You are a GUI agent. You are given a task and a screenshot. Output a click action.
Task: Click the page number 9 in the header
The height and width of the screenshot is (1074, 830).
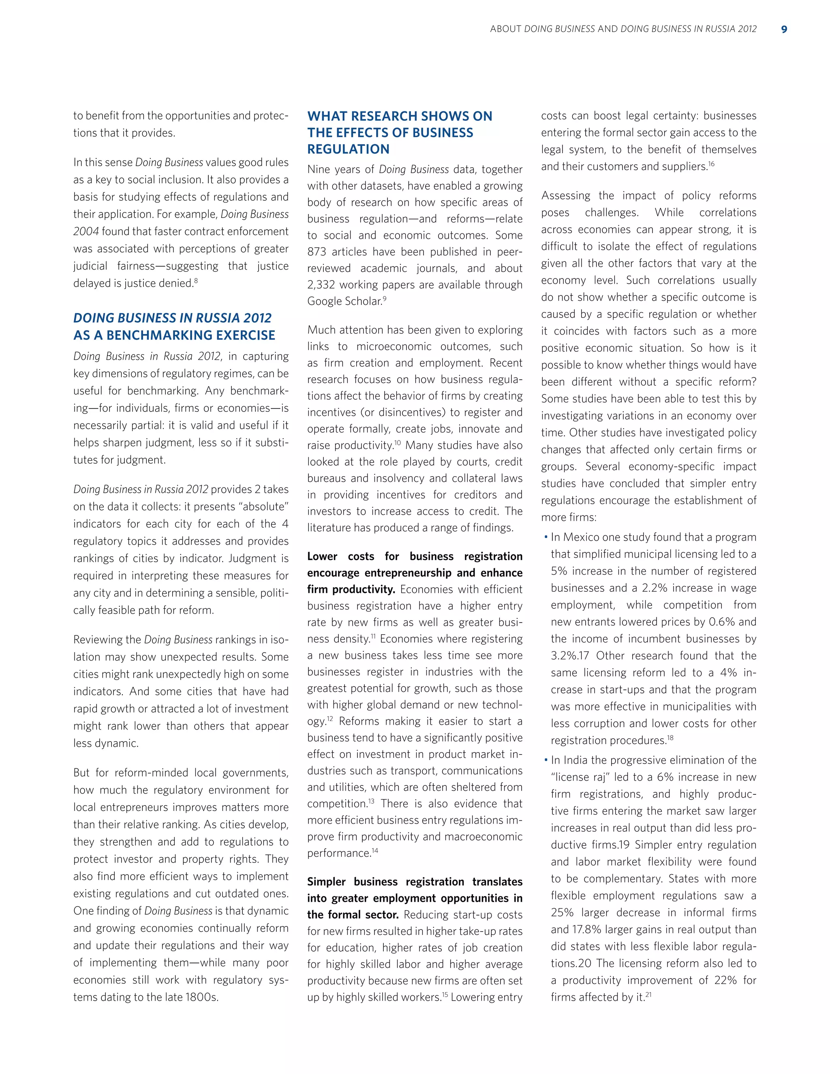click(x=784, y=30)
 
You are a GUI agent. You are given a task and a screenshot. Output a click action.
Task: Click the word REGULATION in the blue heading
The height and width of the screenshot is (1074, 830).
click(x=348, y=150)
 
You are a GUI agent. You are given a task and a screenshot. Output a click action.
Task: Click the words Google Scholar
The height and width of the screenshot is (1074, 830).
click(x=344, y=302)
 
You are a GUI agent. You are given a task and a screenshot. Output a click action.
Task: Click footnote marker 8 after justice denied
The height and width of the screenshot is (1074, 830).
click(x=196, y=280)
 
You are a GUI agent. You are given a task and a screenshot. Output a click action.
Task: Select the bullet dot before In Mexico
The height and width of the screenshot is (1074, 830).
click(x=545, y=537)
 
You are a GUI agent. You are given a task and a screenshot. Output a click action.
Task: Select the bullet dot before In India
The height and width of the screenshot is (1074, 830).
click(x=545, y=760)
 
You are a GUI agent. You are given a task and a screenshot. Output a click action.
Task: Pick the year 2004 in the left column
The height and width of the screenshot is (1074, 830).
click(x=86, y=231)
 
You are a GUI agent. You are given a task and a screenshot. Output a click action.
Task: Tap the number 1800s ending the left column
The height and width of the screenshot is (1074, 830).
click(x=201, y=997)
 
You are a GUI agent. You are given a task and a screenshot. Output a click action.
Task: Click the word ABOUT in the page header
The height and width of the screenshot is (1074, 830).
click(x=505, y=30)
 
